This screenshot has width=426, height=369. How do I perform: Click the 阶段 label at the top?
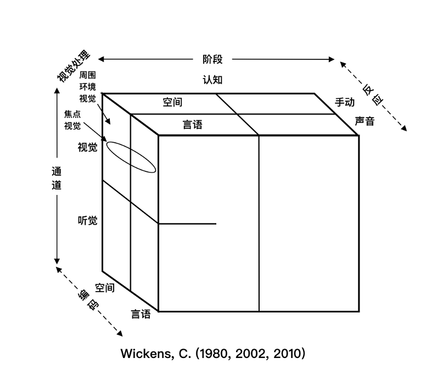point(212,59)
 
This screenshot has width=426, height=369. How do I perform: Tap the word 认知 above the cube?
point(212,80)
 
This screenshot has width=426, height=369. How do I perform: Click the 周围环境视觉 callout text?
point(88,86)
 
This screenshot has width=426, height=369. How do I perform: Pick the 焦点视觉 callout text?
point(72,120)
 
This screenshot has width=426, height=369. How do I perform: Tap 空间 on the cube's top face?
point(172,102)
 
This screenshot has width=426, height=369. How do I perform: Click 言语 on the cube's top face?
point(193,125)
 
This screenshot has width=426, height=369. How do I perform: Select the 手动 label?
point(345,102)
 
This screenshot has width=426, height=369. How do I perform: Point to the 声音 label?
point(365,121)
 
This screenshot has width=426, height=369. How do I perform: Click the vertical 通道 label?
point(57,178)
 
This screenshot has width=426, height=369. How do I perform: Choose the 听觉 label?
point(88,221)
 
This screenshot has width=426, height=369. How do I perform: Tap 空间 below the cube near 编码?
point(105,288)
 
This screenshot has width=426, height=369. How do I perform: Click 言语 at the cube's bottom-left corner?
point(141,314)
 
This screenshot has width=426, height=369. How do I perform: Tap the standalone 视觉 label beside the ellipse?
point(88,147)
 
